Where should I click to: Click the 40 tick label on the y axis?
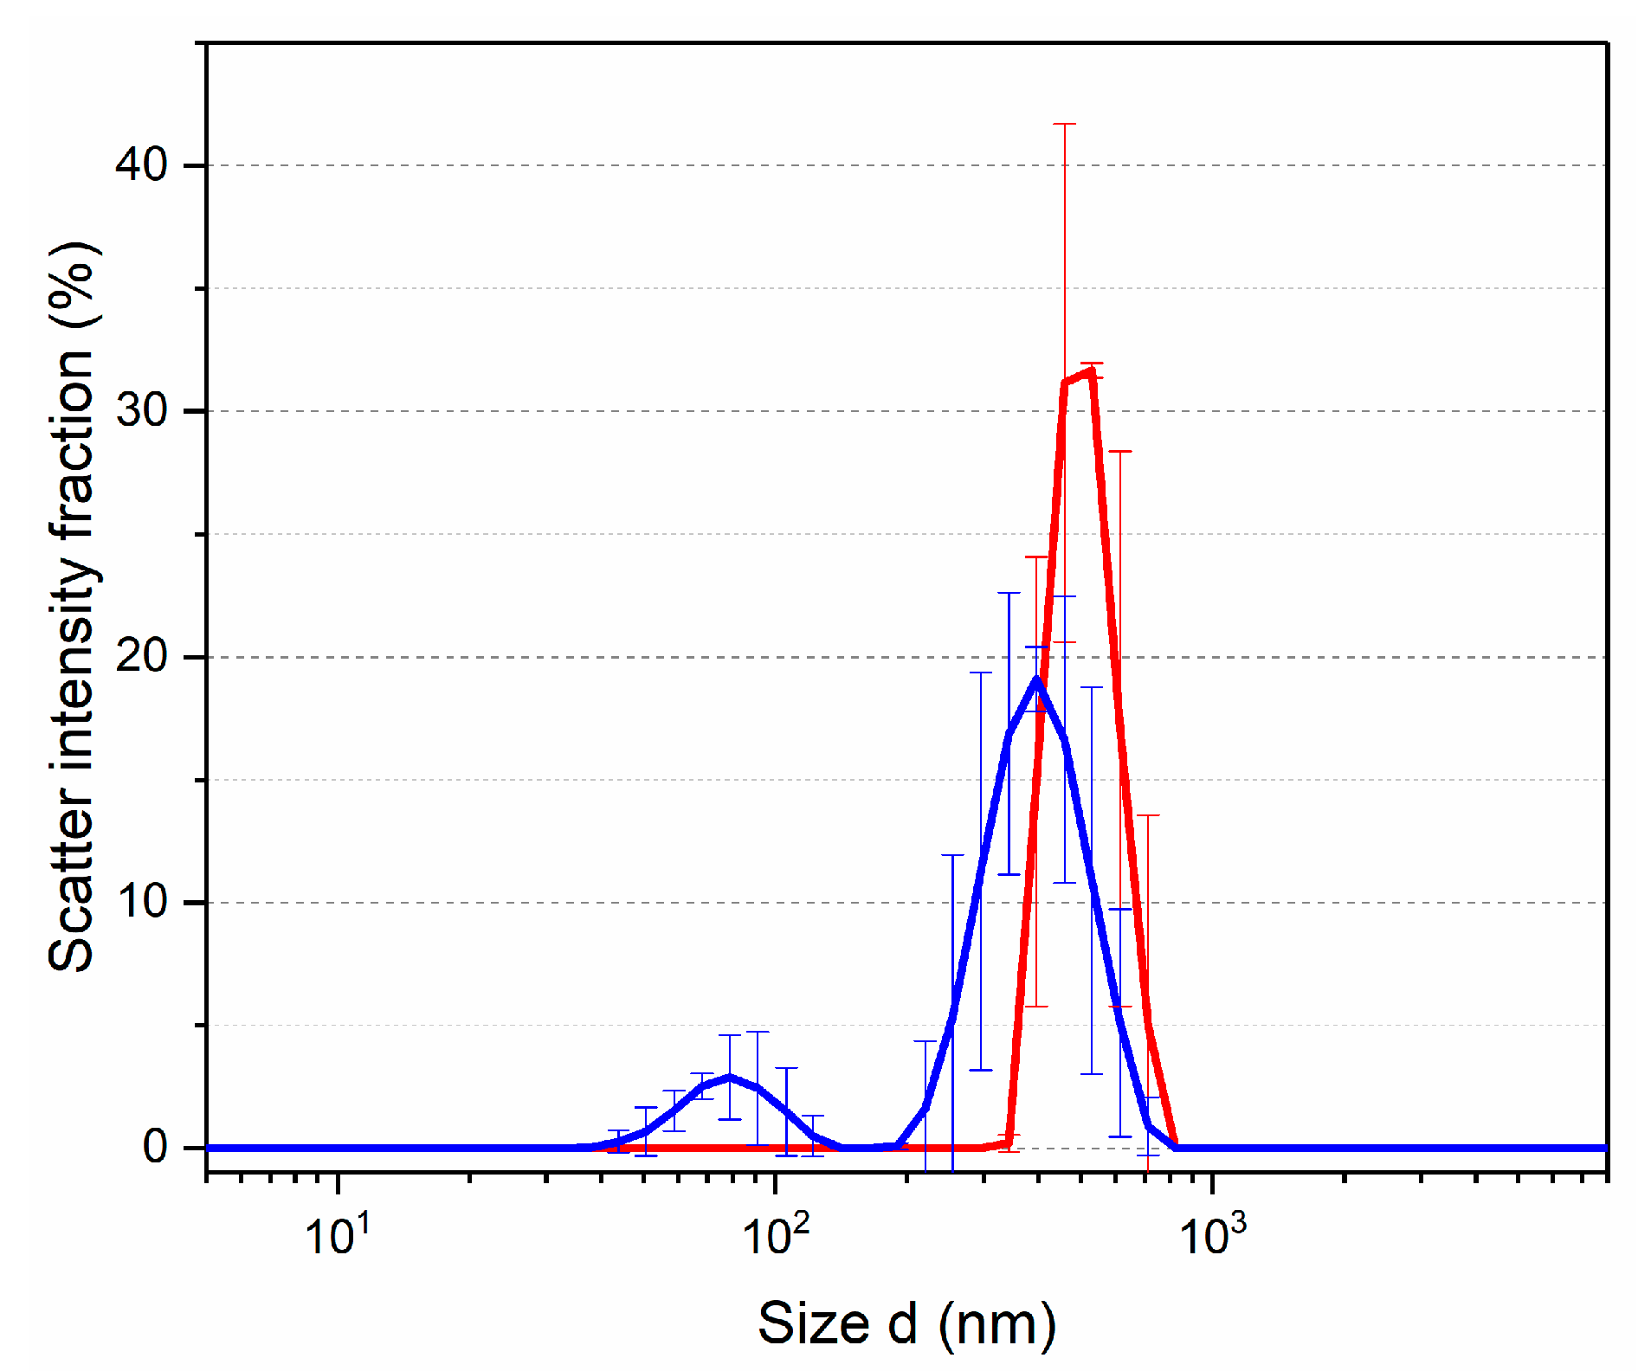pyautogui.click(x=141, y=164)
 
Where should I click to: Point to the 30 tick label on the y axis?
pyautogui.click(x=141, y=409)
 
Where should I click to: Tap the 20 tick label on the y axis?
pyautogui.click(x=141, y=656)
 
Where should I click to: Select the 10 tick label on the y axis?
pyautogui.click(x=141, y=902)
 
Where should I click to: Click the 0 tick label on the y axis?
pyautogui.click(x=155, y=1147)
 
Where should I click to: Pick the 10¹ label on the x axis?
pyautogui.click(x=337, y=1233)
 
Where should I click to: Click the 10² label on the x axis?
pyautogui.click(x=775, y=1233)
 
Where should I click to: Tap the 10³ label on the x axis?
pyautogui.click(x=1212, y=1233)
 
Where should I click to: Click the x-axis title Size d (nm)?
pyautogui.click(x=906, y=1323)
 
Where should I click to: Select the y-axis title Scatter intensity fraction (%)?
pyautogui.click(x=73, y=606)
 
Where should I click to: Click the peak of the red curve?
pyautogui.click(x=1092, y=371)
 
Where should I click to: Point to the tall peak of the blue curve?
pyautogui.click(x=1036, y=680)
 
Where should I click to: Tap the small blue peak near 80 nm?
pyautogui.click(x=730, y=1077)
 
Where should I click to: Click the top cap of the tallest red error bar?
pyautogui.click(x=1064, y=125)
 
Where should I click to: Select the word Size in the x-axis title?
pyautogui.click(x=813, y=1323)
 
